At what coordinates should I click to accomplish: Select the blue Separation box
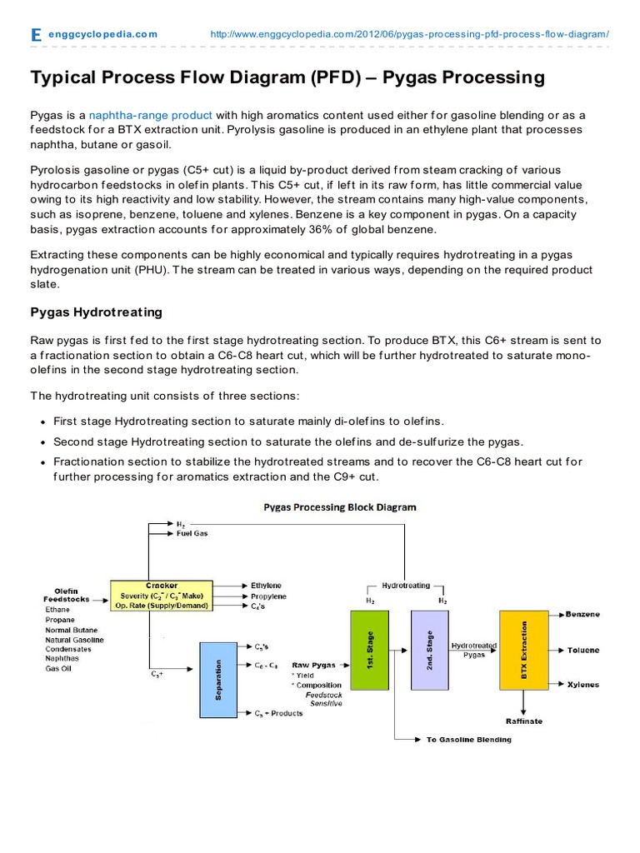pos(217,679)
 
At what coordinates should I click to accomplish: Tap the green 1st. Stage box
pos(367,649)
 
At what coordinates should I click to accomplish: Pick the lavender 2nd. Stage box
pos(429,649)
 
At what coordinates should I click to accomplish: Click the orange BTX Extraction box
pos(524,649)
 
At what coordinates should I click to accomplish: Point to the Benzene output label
pos(583,614)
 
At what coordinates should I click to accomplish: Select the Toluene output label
pos(582,649)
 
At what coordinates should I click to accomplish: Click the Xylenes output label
pos(582,684)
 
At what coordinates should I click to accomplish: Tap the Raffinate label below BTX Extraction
pos(524,721)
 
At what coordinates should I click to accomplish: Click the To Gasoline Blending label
pos(468,739)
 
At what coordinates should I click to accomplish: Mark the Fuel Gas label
pos(192,533)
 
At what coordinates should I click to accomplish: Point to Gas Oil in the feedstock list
pos(57,668)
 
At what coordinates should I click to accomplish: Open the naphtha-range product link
pos(151,115)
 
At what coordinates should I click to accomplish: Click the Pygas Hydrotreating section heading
pos(96,312)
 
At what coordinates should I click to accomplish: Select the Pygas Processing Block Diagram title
pos(340,506)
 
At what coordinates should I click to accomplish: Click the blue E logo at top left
pos(35,34)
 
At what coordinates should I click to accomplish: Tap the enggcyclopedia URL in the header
pos(409,34)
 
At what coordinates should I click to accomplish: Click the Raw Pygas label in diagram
pos(312,665)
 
